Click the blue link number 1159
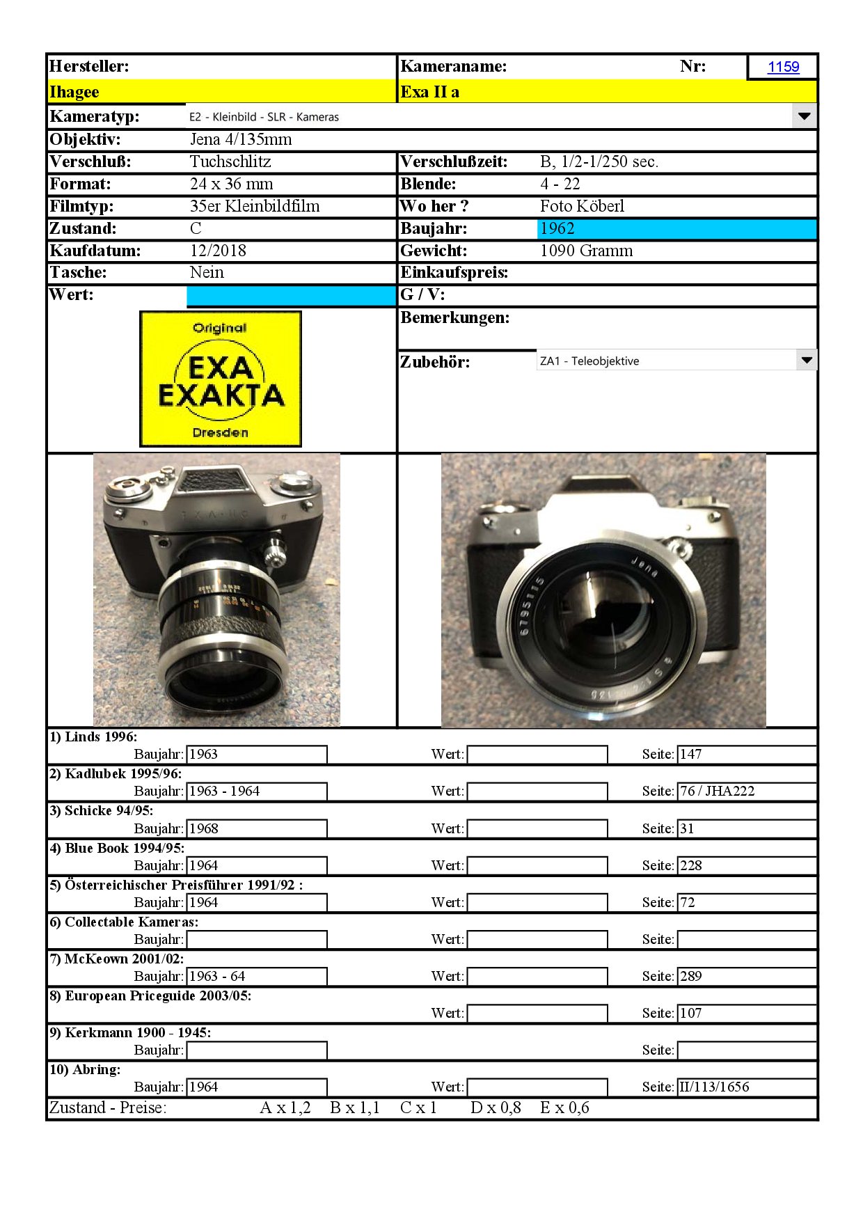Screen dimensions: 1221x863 coord(783,67)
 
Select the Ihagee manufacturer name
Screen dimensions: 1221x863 coord(74,92)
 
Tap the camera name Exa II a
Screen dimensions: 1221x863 coord(429,92)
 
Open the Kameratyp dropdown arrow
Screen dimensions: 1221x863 coord(804,116)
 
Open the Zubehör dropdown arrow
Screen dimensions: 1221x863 coord(806,361)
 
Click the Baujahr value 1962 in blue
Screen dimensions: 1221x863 coord(557,228)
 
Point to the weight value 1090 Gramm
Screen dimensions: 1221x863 coord(586,251)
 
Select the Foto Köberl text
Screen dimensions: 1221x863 coord(582,206)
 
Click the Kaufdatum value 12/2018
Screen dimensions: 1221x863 coord(218,251)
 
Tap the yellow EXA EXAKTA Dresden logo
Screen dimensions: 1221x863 coord(221,379)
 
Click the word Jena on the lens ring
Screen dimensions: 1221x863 coord(644,567)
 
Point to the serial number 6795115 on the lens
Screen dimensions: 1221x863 coord(531,605)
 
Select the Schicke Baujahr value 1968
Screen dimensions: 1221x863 coord(204,828)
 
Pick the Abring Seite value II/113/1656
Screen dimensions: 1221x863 coord(714,1087)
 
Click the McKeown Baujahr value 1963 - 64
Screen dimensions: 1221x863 coord(218,976)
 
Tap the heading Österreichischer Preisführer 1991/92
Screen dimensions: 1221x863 coord(175,885)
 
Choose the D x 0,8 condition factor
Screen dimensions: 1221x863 coord(496,1108)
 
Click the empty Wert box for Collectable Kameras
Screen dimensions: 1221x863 coord(537,939)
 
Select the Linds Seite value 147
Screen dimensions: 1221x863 coord(691,754)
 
